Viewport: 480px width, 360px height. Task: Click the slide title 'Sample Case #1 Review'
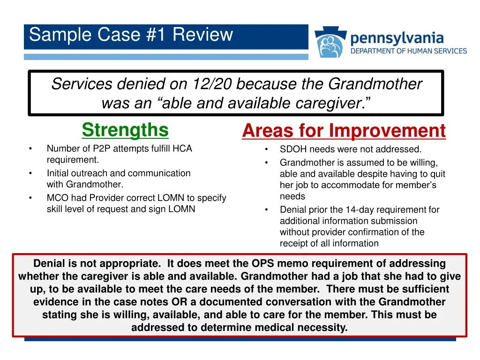point(131,35)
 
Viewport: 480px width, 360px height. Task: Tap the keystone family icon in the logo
point(330,43)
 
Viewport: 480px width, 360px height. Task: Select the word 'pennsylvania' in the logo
point(397,38)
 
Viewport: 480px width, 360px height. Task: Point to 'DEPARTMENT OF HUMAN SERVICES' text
point(409,51)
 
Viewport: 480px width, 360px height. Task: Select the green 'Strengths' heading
point(125,130)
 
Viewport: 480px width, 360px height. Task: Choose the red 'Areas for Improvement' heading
point(344,131)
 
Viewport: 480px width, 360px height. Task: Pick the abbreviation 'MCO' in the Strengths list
point(56,198)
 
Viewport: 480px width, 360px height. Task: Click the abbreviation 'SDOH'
point(292,150)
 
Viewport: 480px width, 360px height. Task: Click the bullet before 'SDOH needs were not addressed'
point(265,150)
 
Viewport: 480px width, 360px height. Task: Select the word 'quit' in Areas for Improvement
point(437,174)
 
